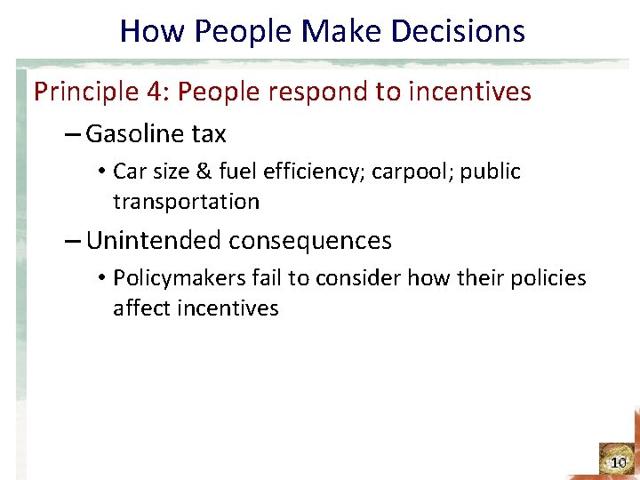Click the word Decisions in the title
pyautogui.click(x=463, y=32)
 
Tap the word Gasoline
pyautogui.click(x=132, y=134)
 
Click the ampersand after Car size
pyautogui.click(x=208, y=172)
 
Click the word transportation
pyautogui.click(x=186, y=202)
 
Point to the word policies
pyautogui.click(x=548, y=278)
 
